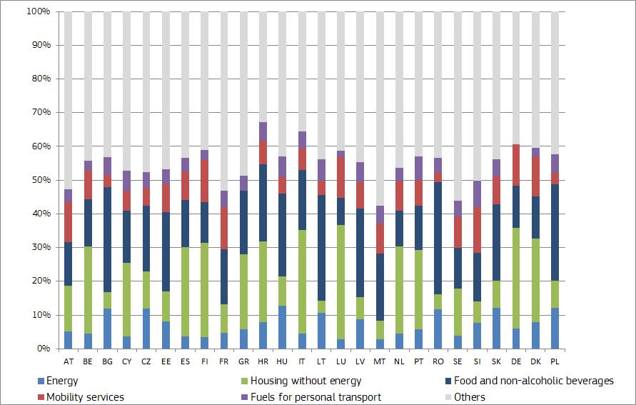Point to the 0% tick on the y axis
[x=41, y=349]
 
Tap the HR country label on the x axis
[x=263, y=361]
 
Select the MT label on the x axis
[x=380, y=361]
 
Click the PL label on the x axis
[x=555, y=361]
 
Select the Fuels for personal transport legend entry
[x=318, y=397]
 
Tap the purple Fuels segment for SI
[x=477, y=194]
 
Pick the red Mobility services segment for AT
[x=69, y=222]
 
